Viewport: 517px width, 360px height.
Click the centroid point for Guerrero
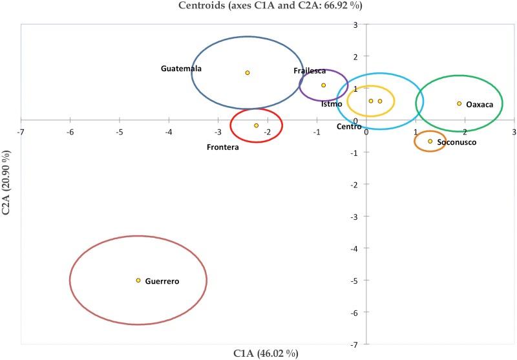coord(138,280)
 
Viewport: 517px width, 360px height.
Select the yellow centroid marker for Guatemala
coord(248,72)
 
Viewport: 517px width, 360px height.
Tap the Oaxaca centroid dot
coord(459,103)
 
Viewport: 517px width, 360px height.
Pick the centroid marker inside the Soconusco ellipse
coord(430,141)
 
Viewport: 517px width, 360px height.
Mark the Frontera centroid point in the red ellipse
coord(257,125)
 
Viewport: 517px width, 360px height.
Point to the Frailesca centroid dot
coord(324,85)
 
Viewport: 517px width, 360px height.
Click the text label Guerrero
coord(162,281)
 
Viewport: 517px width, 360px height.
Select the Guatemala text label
coord(182,69)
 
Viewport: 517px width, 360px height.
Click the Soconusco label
coord(456,142)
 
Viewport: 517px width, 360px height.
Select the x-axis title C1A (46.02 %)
coord(266,354)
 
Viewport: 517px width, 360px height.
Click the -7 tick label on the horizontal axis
coord(21,132)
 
